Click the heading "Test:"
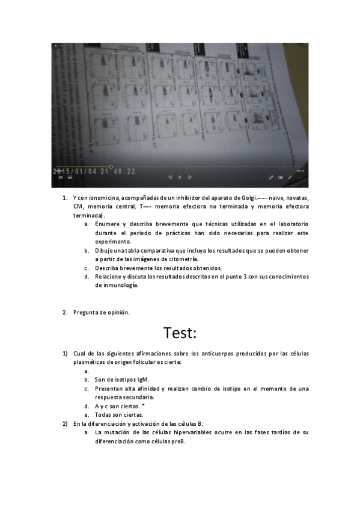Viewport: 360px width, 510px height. point(180,332)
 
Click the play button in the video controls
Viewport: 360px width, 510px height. point(180,177)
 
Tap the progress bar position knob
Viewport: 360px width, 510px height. point(111,167)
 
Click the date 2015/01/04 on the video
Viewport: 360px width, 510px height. point(78,171)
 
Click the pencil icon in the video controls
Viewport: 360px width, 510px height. point(271,177)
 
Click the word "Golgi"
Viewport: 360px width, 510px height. point(246,197)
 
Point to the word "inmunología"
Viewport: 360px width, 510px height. point(120,285)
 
